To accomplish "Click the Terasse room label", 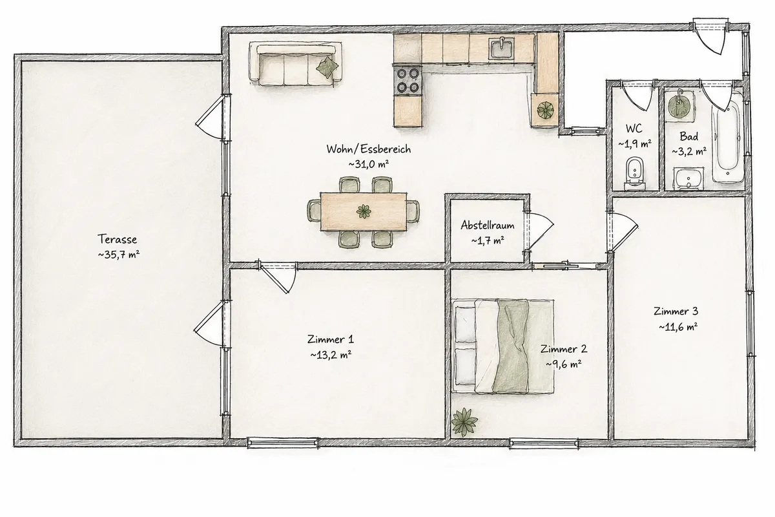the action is pyautogui.click(x=117, y=239).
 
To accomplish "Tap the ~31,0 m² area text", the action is pyautogui.click(x=369, y=164).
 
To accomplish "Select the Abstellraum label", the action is pyautogui.click(x=488, y=226).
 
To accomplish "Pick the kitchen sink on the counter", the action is pyautogui.click(x=501, y=48).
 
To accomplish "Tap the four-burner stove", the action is pyautogui.click(x=408, y=80).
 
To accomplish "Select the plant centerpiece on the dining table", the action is pyautogui.click(x=364, y=211).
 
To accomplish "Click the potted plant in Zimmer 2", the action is pyautogui.click(x=464, y=422).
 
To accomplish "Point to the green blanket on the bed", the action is pyautogui.click(x=512, y=346).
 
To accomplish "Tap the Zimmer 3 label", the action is pyautogui.click(x=676, y=311).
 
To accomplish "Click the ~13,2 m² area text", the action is pyautogui.click(x=331, y=355).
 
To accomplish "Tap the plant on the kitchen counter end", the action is pyautogui.click(x=545, y=110).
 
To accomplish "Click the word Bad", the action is pyautogui.click(x=688, y=136).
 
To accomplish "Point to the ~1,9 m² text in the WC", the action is pyautogui.click(x=635, y=143).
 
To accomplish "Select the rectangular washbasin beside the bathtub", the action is pyautogui.click(x=688, y=178).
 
